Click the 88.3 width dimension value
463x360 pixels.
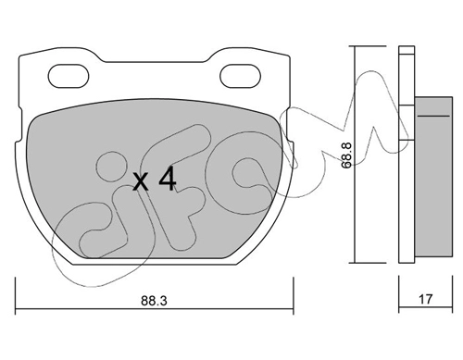[x=154, y=301]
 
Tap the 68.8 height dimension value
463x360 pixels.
[x=346, y=155]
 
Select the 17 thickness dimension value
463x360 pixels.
[x=426, y=299]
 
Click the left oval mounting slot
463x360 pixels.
[x=69, y=76]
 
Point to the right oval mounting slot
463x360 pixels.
[x=240, y=76]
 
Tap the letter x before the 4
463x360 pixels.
[x=141, y=182]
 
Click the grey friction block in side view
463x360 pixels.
[x=433, y=177]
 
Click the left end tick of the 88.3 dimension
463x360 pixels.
[x=16, y=296]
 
